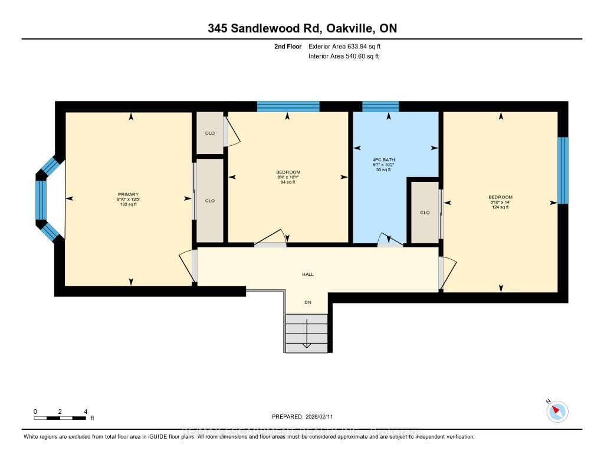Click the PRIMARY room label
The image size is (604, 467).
(128, 194)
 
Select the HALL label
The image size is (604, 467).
(307, 274)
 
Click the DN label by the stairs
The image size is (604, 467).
(307, 302)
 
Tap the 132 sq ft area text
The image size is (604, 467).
(128, 204)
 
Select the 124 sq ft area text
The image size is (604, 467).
(500, 207)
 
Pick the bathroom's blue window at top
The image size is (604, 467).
(380, 106)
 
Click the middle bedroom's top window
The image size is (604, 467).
(288, 106)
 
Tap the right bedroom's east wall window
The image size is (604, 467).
(563, 171)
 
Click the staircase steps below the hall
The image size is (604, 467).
(306, 334)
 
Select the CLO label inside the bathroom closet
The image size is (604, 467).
(425, 213)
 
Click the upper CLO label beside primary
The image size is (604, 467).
(209, 133)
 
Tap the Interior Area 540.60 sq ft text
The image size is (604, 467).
(343, 57)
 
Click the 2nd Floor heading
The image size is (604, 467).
(288, 46)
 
